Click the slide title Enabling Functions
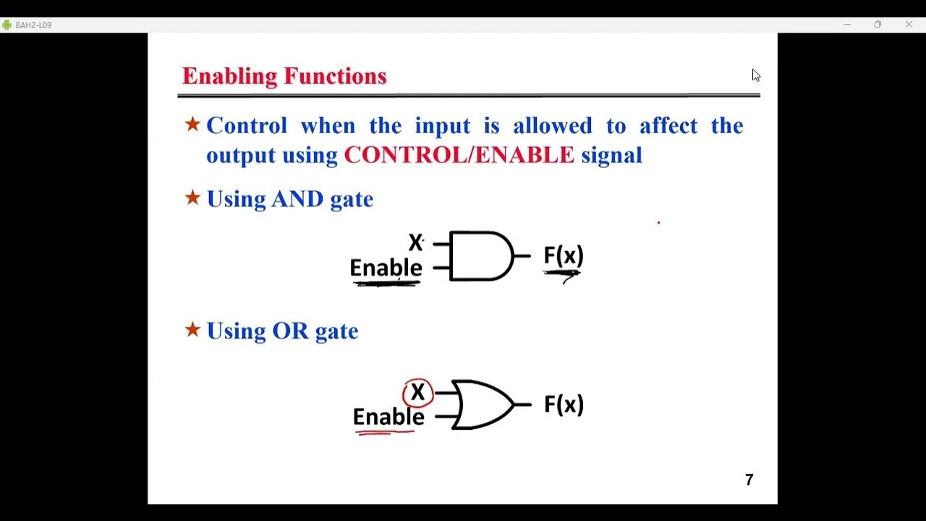[x=284, y=76]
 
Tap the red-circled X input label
[x=417, y=393]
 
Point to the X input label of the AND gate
[x=415, y=242]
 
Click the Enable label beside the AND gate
[x=386, y=268]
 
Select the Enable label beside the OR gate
[x=388, y=417]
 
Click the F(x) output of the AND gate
[x=563, y=255]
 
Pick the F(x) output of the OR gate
[x=563, y=404]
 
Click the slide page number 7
[x=749, y=480]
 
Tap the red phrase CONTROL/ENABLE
[x=459, y=155]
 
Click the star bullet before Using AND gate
[x=192, y=198]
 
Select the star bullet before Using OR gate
[x=192, y=330]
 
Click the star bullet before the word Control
[x=192, y=124]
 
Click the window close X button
[x=909, y=25]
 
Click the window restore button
[x=878, y=25]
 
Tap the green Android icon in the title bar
[x=7, y=25]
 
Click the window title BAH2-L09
[x=33, y=25]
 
